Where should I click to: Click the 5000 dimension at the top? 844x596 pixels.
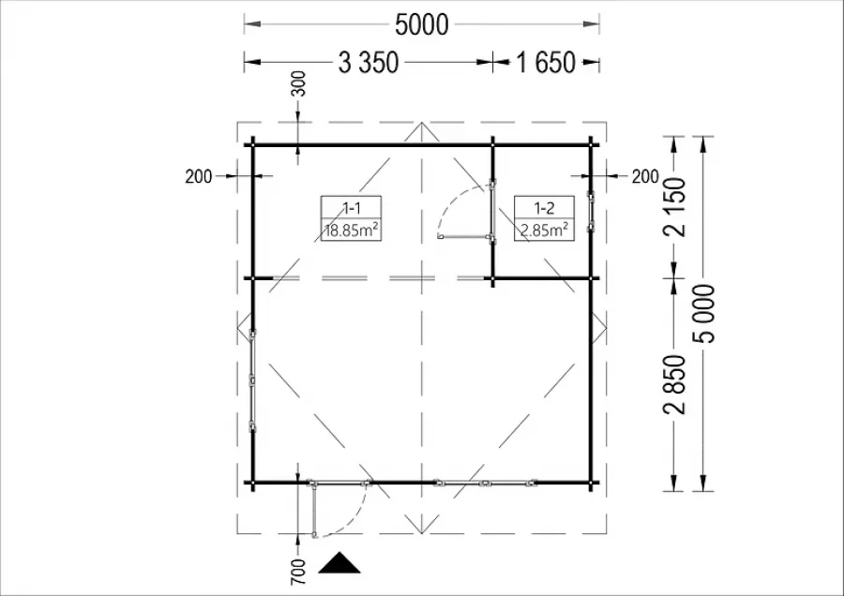coord(421,24)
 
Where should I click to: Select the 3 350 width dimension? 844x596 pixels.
coord(369,63)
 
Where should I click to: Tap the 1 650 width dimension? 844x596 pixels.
coord(546,63)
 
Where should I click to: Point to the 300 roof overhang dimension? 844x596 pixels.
coord(297,84)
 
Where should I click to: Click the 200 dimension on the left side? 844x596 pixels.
coord(199,176)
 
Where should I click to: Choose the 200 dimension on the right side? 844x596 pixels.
coord(645,176)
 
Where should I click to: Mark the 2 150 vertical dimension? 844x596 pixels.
coord(675,207)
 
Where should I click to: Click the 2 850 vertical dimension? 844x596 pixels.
coord(675,384)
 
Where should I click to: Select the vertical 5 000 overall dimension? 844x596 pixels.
coord(705,314)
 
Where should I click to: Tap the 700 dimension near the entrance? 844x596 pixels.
coord(297,572)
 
